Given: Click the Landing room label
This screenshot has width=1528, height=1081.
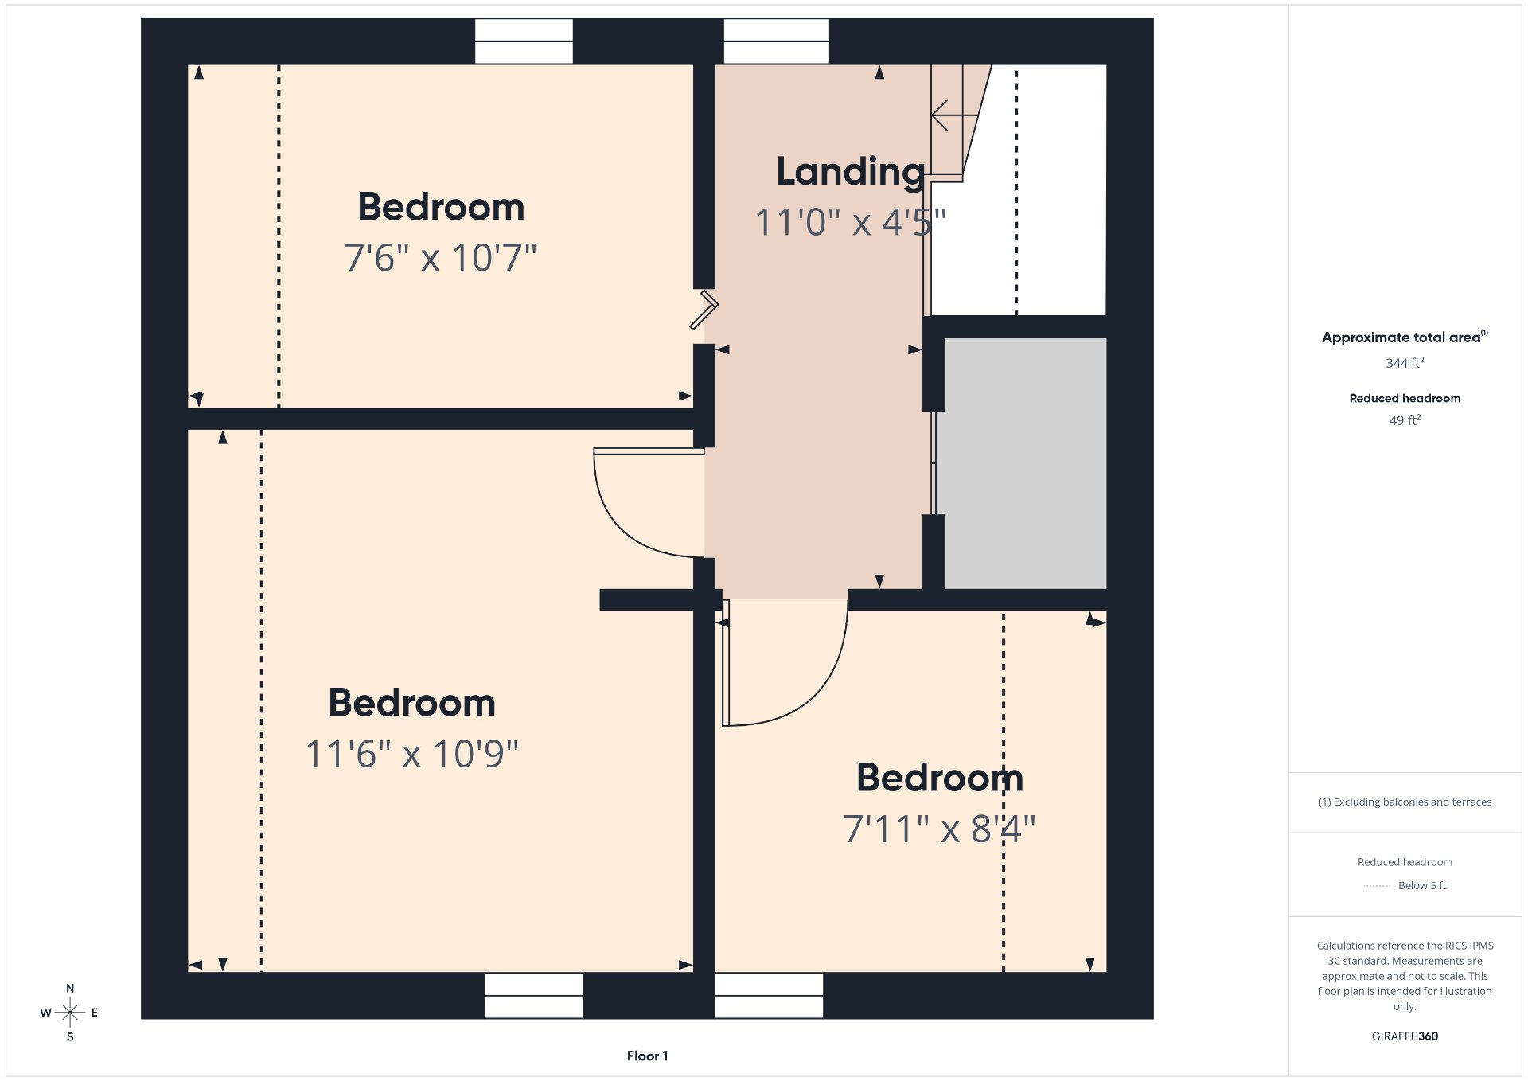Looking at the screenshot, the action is [x=851, y=172].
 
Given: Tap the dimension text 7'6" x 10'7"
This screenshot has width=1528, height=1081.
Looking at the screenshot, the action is [x=440, y=258].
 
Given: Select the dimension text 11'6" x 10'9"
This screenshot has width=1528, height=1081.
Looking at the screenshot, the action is [x=412, y=754].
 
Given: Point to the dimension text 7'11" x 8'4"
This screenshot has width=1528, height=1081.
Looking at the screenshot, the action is [x=939, y=829].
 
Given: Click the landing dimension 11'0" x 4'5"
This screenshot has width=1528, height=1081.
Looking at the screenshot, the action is [x=851, y=222].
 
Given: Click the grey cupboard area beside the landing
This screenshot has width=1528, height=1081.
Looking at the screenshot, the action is [x=1025, y=463].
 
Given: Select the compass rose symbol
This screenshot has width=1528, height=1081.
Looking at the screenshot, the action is [x=70, y=1013].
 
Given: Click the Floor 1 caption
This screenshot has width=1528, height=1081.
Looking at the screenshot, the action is [x=647, y=1056].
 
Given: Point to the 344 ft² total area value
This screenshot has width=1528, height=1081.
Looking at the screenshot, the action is [x=1405, y=363].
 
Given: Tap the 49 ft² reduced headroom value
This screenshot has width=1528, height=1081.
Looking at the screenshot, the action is [x=1405, y=420].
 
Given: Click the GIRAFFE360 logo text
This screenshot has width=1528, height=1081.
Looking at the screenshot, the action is [x=1405, y=1036].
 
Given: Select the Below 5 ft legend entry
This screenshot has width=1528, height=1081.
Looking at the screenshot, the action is [x=1405, y=885].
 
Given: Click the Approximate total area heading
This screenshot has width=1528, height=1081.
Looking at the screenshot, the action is [x=1405, y=337].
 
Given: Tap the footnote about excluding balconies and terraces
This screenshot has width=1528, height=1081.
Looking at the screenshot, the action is [x=1405, y=802].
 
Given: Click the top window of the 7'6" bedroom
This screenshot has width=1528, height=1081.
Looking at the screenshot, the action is [x=524, y=41].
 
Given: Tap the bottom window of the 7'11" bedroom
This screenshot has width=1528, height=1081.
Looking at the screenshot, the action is [x=769, y=995].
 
